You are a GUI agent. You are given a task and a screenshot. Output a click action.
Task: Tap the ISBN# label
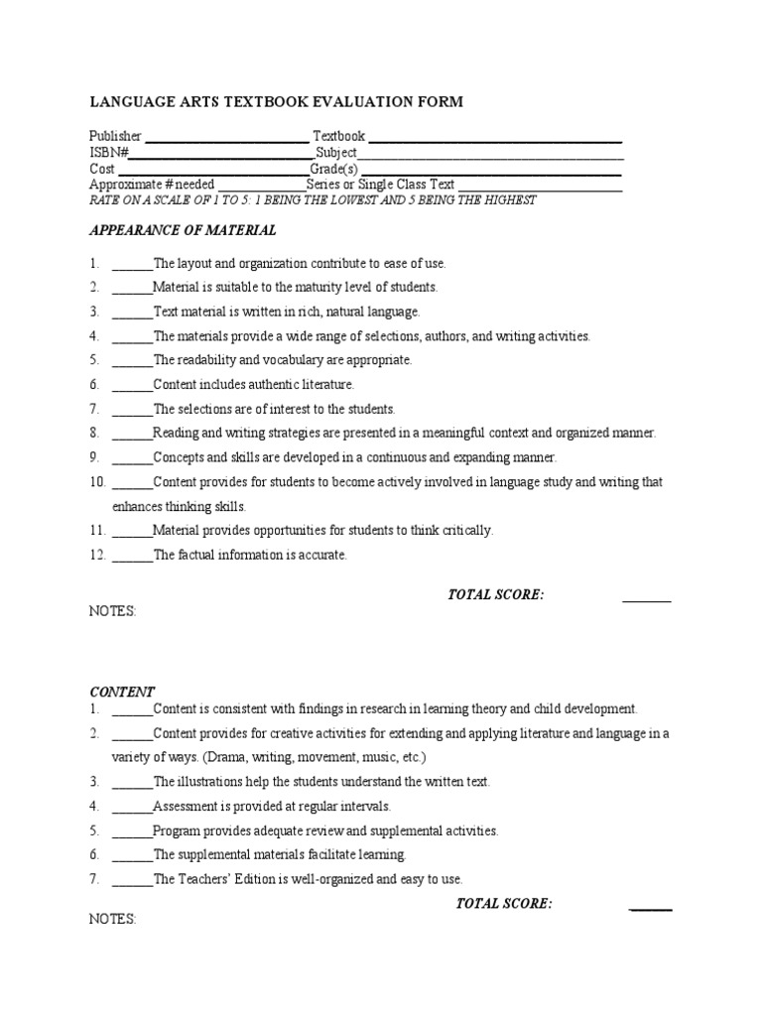coord(109,153)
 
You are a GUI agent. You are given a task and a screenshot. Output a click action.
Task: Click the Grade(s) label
coord(334,169)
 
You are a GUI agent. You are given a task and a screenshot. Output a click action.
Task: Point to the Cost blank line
coord(213,172)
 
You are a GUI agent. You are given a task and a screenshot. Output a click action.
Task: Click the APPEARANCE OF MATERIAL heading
coord(183,230)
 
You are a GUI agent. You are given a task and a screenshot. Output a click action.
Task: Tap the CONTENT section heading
coord(122,692)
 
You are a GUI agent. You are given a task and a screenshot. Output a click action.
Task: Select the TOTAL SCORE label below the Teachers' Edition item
coord(503,903)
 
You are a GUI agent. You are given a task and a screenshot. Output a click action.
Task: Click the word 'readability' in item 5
coord(210,360)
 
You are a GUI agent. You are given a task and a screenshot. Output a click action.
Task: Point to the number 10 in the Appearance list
coord(97,482)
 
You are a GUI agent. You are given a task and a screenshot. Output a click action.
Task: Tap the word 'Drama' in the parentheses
coord(226,757)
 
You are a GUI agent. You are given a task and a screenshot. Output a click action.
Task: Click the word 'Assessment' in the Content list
coord(187,807)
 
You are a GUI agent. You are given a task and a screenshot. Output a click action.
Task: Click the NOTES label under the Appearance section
coord(112,612)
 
